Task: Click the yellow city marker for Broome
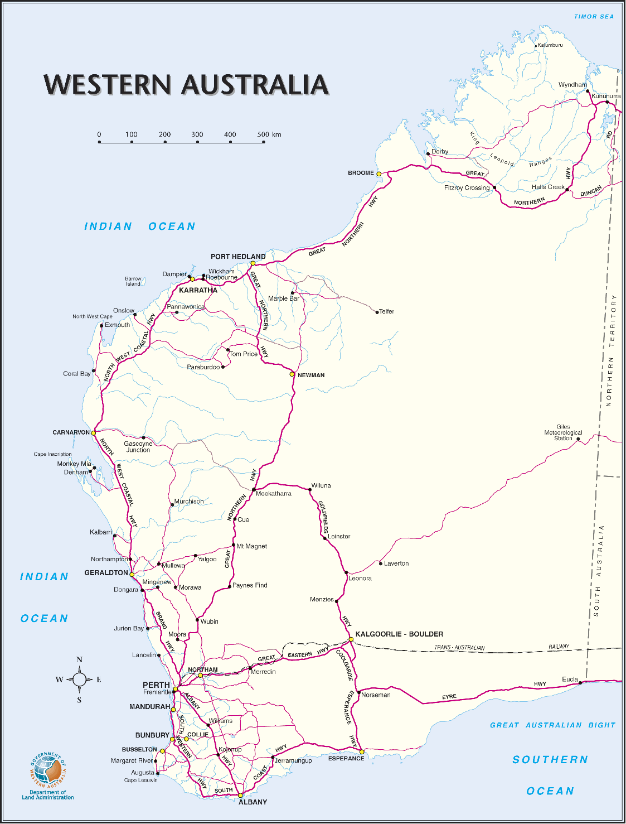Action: click(x=379, y=174)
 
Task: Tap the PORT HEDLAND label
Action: click(x=238, y=257)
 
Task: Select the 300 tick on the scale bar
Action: click(x=197, y=142)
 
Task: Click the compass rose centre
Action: click(x=79, y=680)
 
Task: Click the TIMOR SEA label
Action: click(x=594, y=17)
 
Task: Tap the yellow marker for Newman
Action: click(x=292, y=374)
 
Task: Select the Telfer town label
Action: click(x=387, y=312)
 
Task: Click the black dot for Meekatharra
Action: click(x=254, y=489)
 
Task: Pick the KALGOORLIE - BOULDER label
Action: click(x=399, y=634)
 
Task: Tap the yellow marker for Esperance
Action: click(x=362, y=752)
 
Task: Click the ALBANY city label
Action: click(x=253, y=802)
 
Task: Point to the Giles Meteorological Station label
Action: click(x=563, y=433)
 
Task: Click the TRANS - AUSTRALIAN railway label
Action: click(x=459, y=648)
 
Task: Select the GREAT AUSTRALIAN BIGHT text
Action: click(x=552, y=725)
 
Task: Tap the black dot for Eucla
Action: click(x=580, y=683)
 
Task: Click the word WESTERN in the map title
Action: click(x=107, y=85)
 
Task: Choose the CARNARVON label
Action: click(x=71, y=432)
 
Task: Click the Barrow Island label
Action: click(x=133, y=281)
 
